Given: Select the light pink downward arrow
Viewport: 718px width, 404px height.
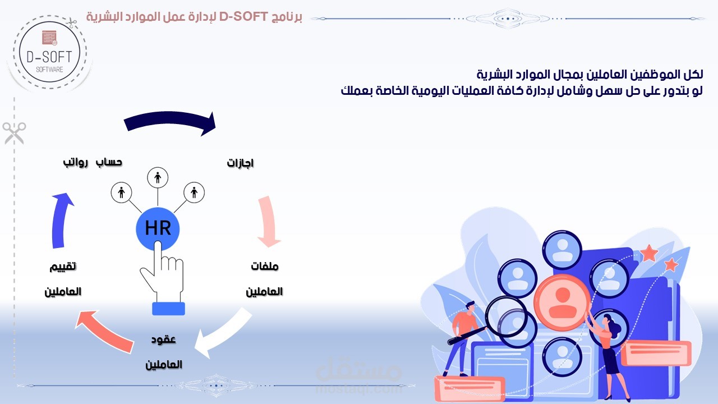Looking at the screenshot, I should (x=270, y=222).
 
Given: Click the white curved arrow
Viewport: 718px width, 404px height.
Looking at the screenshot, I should (x=224, y=334).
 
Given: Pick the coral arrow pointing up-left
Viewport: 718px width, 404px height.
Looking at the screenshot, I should (x=107, y=332).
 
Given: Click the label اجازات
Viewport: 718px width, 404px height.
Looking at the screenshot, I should (x=241, y=163).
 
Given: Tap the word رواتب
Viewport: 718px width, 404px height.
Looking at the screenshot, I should (x=75, y=162).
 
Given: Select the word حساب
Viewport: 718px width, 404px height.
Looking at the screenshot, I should (x=109, y=162).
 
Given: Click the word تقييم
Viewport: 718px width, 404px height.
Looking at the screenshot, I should (x=63, y=266).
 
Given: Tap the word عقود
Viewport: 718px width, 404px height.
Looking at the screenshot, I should (x=164, y=339).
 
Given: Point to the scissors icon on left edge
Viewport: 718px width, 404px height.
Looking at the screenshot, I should (x=13, y=133).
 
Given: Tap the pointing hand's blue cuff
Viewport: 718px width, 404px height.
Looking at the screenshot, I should (x=168, y=309).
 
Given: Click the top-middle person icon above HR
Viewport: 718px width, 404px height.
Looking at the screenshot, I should (x=158, y=178).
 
